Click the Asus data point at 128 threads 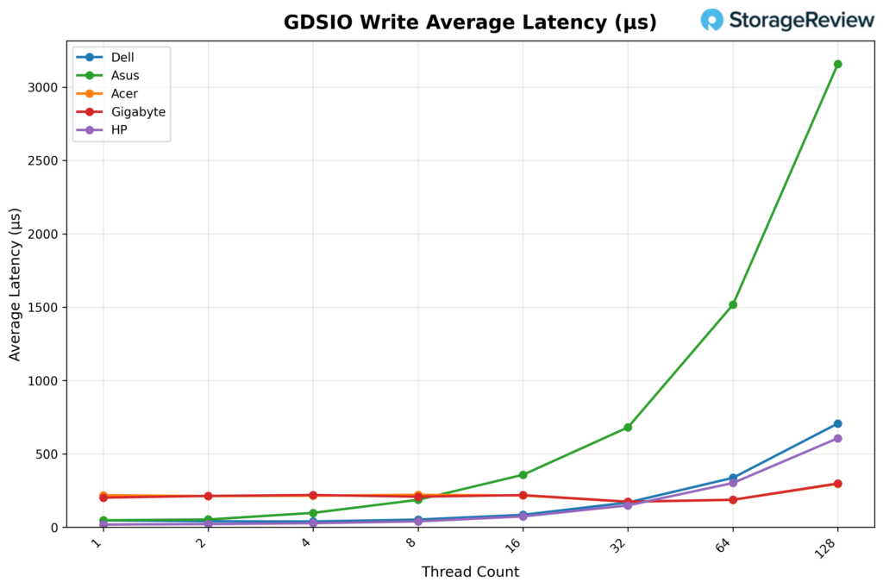[x=837, y=64]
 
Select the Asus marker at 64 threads [x=733, y=304]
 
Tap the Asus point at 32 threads [x=628, y=428]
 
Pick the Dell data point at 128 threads [x=837, y=423]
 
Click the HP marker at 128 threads [x=837, y=438]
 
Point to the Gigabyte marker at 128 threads [x=837, y=484]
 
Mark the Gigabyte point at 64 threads [x=733, y=500]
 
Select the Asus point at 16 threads [x=523, y=475]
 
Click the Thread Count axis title [x=470, y=572]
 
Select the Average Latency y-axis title [x=16, y=284]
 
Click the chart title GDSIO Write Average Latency [x=470, y=23]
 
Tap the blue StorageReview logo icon [x=712, y=20]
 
